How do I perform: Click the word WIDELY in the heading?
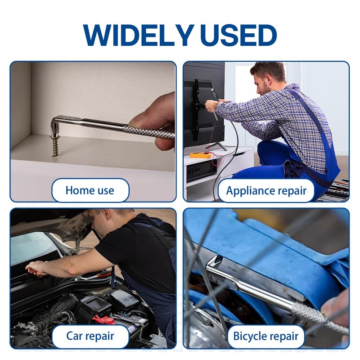click(137, 35)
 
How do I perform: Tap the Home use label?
click(90, 190)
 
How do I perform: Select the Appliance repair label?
click(266, 190)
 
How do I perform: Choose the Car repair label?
click(90, 336)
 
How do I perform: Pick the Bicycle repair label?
click(266, 336)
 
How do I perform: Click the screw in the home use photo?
click(55, 145)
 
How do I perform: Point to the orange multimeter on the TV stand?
click(200, 155)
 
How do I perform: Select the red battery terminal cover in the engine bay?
click(104, 320)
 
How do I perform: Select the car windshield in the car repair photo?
click(32, 248)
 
